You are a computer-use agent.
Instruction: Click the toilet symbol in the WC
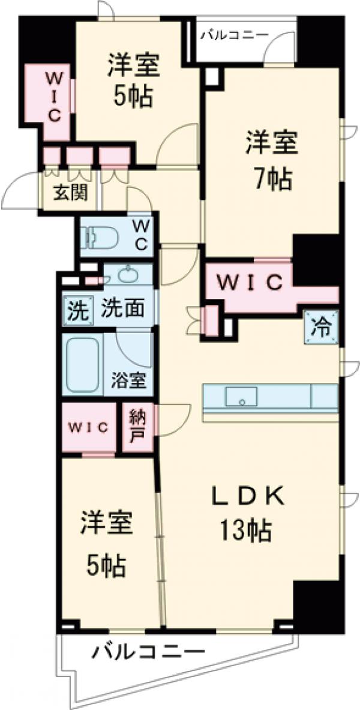(x=99, y=238)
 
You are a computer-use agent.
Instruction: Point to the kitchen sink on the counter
(x=241, y=396)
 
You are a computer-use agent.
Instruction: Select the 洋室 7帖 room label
(x=268, y=160)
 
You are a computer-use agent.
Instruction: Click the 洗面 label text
(x=121, y=309)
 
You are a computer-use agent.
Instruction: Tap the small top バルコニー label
(x=235, y=34)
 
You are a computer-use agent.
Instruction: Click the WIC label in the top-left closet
(x=53, y=97)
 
